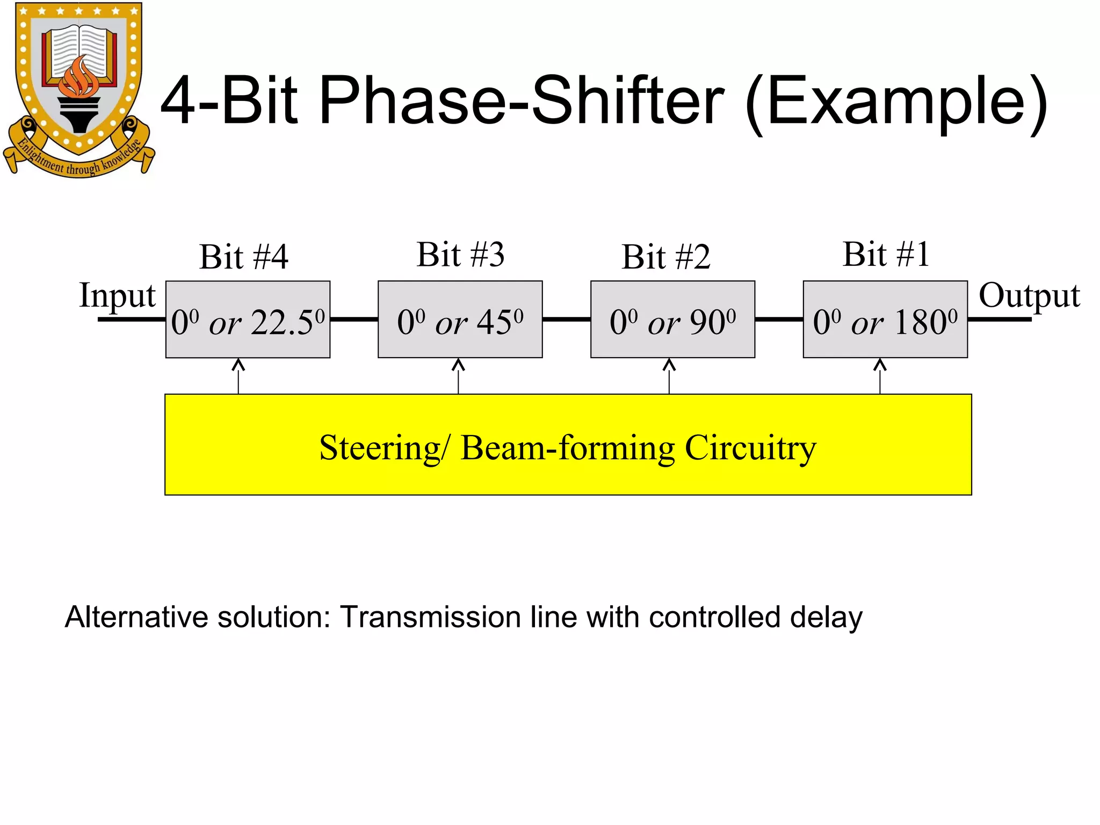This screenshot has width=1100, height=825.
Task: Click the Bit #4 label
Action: [x=243, y=257]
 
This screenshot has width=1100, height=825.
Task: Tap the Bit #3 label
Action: [x=460, y=255]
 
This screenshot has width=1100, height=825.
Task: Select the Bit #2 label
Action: [x=665, y=257]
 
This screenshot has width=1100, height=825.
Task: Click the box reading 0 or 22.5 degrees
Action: [x=248, y=320]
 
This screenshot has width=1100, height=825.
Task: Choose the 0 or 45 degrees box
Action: [x=460, y=320]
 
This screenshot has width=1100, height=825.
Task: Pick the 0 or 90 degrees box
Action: [x=672, y=320]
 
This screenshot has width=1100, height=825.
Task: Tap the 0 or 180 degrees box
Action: [x=885, y=320]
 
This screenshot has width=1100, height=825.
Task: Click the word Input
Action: [x=117, y=295]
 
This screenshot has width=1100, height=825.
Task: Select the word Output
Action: [x=1029, y=295]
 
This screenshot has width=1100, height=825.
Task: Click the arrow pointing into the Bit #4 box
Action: [x=238, y=376]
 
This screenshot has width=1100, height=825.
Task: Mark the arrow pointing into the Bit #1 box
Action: [x=880, y=376]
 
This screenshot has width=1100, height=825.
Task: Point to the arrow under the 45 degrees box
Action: [x=458, y=376]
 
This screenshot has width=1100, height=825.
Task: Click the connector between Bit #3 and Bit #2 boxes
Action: [x=566, y=320]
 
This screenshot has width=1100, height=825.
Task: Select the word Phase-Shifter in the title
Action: [x=521, y=101]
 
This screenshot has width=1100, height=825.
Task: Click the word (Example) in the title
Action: [x=896, y=102]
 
